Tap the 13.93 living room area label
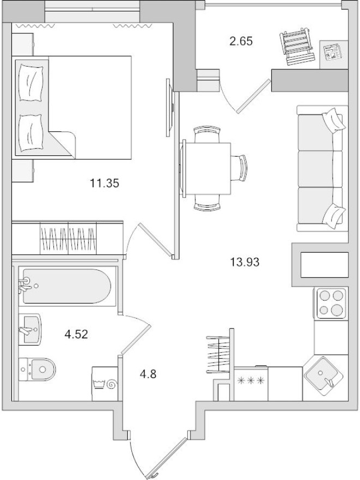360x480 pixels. coord(245,262)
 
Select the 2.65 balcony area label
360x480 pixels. coord(241,40)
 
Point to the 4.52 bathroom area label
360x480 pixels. coord(76,334)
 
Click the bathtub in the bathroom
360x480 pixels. coord(65,286)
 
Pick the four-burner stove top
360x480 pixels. coord(331,303)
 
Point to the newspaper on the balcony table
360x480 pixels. coord(331,53)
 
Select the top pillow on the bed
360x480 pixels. coord(31,81)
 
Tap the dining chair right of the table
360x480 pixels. coord(241,167)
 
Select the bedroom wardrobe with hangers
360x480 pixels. coord(68,237)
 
